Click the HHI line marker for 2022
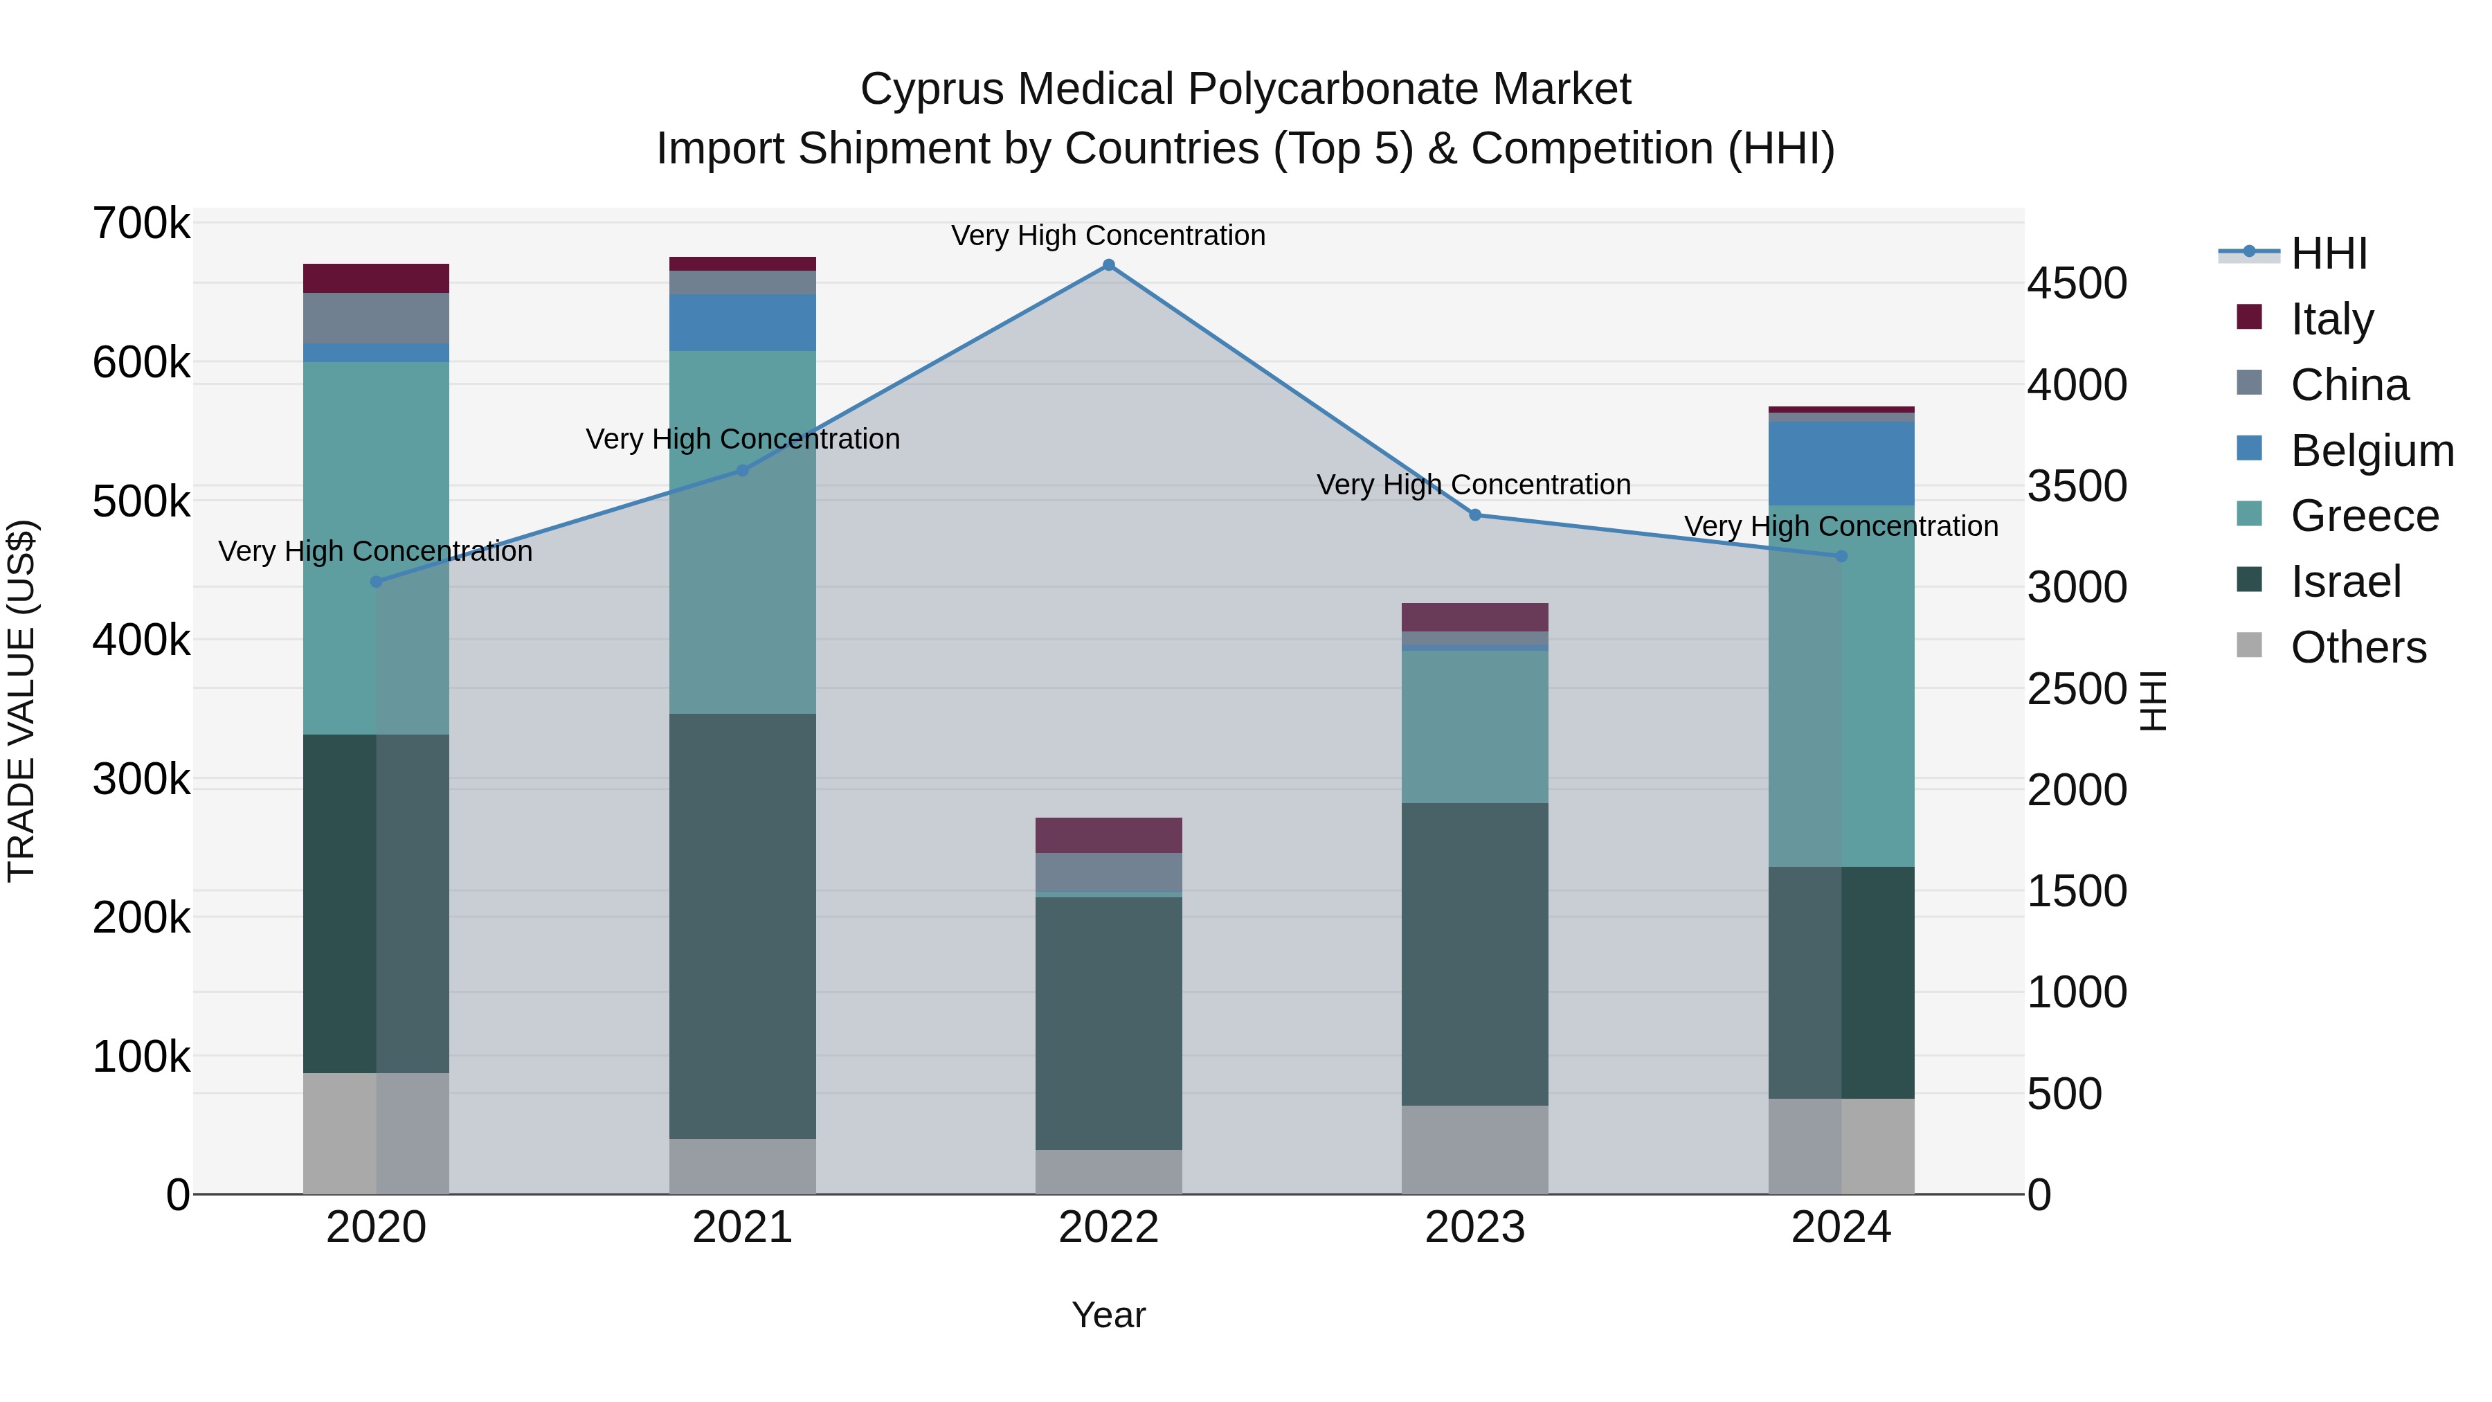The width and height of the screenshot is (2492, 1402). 1109,265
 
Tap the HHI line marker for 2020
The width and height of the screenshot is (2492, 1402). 377,582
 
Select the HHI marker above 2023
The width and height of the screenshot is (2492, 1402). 1475,514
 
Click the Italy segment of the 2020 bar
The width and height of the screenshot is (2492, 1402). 377,278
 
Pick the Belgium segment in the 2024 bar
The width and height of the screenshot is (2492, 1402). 1841,463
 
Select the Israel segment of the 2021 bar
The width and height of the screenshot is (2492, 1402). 742,925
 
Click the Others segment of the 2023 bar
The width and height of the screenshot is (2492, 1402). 1475,1149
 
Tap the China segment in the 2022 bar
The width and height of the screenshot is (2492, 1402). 1109,872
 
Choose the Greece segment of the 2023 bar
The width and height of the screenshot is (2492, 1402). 1475,726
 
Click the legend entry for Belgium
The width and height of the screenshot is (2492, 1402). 2371,451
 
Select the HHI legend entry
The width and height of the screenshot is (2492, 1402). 2327,253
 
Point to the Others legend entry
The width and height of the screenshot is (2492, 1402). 2358,647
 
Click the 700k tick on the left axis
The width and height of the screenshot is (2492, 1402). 141,224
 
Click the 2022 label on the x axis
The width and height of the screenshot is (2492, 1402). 1109,1228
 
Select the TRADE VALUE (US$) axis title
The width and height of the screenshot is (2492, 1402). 21,701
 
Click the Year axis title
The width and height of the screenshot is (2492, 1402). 1109,1315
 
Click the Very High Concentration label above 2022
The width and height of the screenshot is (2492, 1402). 1109,235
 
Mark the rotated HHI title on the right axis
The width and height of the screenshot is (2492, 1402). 2154,701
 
